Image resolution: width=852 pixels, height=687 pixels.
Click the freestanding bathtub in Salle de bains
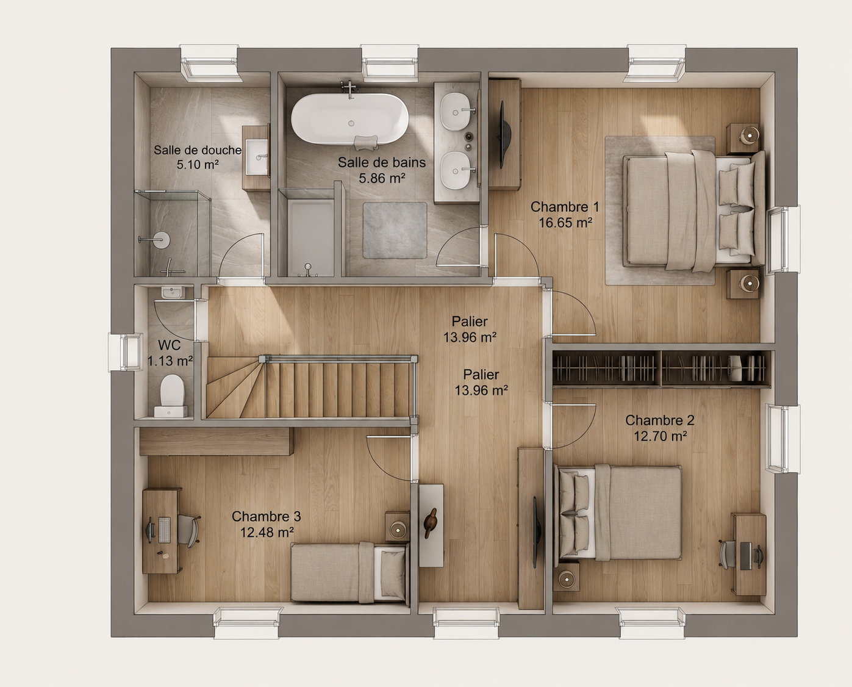tap(349, 118)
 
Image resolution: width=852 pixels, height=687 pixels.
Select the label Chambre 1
tap(565, 206)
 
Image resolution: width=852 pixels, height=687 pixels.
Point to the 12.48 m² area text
tap(267, 532)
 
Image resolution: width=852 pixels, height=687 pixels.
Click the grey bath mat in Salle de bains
tap(395, 230)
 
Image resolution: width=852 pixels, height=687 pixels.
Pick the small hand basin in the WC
tap(173, 292)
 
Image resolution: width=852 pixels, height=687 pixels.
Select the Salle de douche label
tap(198, 150)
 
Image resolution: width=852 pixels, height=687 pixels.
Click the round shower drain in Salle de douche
tap(161, 240)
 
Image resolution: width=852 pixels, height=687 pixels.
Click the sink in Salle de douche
tap(257, 157)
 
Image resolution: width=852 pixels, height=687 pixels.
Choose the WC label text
tap(169, 345)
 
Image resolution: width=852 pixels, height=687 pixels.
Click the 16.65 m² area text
tap(565, 223)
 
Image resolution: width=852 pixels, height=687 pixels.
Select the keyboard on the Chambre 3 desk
tap(164, 530)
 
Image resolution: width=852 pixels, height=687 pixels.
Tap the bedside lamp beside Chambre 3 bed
tap(398, 529)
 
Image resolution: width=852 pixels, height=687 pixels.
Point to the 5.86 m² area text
tap(382, 178)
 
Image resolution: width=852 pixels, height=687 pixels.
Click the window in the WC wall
tap(126, 352)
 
